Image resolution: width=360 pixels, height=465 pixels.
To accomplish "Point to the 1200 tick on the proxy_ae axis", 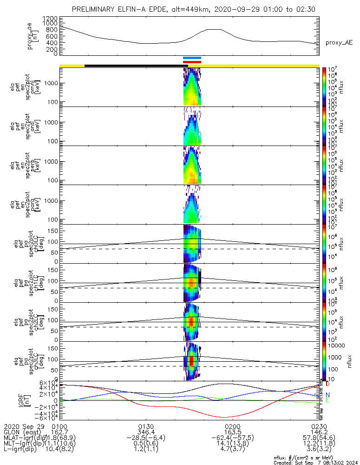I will (49, 18).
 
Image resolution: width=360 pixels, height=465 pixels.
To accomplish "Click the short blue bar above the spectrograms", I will (192, 58).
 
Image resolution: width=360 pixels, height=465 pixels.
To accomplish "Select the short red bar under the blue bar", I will (192, 61).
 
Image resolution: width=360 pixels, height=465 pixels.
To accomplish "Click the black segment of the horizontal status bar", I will (135, 66).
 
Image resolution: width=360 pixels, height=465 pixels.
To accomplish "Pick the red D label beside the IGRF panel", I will (327, 384).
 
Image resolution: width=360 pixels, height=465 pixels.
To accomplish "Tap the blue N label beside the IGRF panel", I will (327, 394).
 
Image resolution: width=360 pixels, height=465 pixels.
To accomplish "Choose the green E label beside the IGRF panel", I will (327, 400).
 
